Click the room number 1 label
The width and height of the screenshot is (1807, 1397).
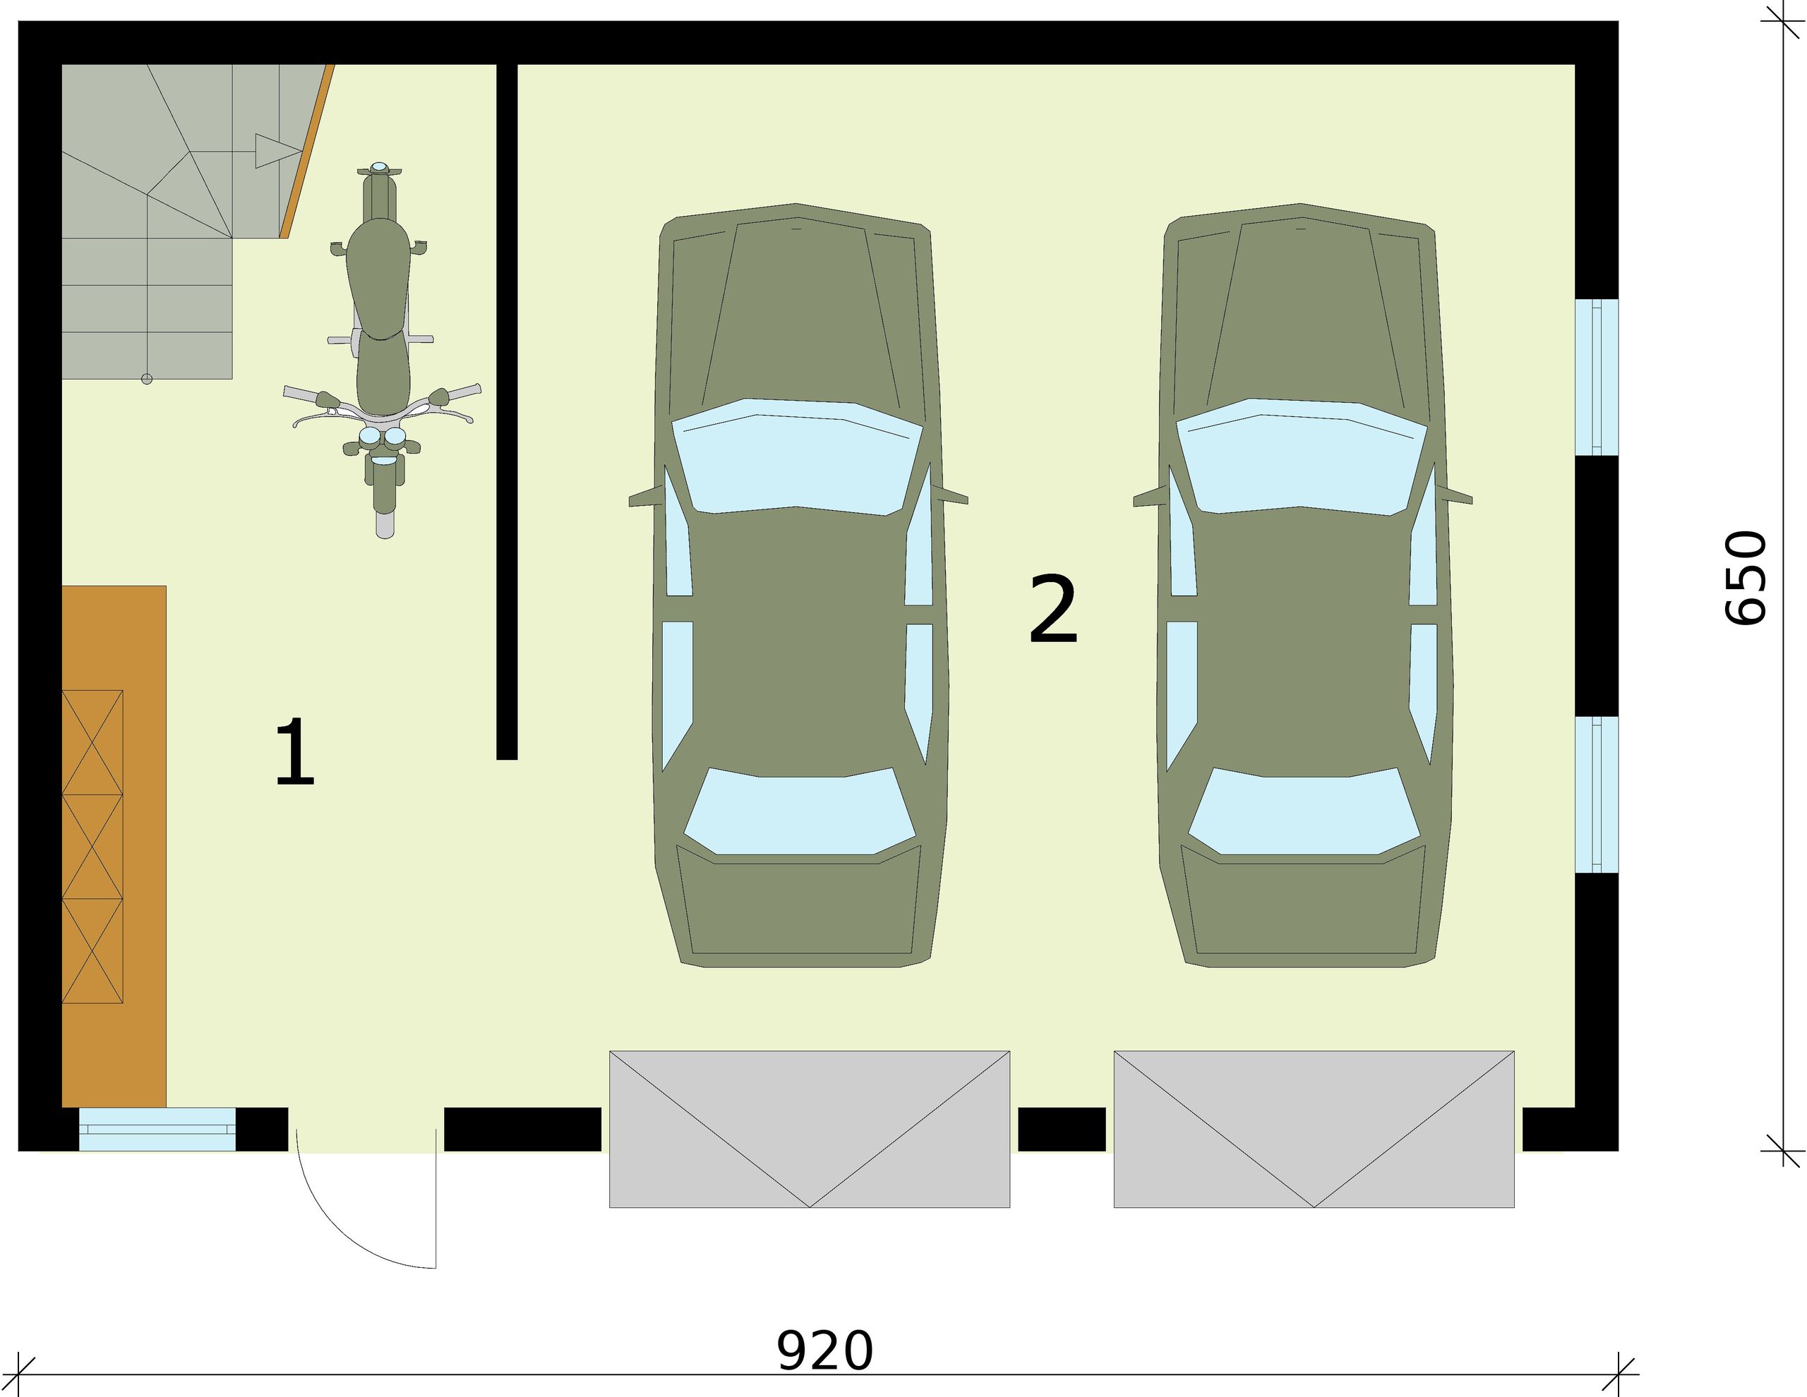[x=295, y=753]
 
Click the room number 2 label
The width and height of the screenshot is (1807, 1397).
[x=1052, y=610]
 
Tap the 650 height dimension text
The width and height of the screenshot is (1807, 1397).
[x=1746, y=577]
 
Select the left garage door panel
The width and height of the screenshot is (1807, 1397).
[x=809, y=1128]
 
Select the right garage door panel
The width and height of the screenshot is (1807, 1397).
[x=1314, y=1128]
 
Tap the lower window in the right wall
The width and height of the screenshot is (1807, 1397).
[x=1596, y=794]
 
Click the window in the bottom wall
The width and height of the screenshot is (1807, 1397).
[x=157, y=1129]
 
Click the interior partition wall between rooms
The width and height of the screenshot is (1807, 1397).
[x=506, y=413]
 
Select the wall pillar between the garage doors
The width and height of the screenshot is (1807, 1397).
[x=1062, y=1129]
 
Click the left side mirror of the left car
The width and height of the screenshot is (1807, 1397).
[x=645, y=499]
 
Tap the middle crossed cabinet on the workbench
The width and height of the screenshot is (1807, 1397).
[x=92, y=846]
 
